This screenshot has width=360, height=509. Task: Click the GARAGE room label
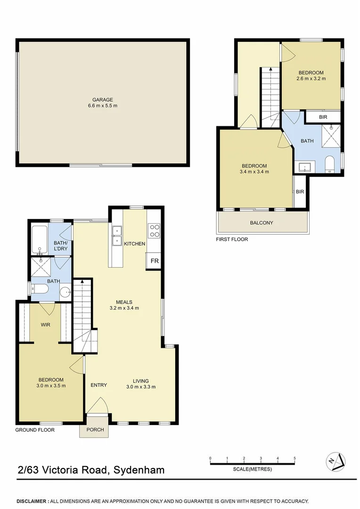pos(102,99)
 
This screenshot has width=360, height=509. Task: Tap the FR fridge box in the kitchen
pos(154,260)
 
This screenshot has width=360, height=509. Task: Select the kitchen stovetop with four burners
pos(154,230)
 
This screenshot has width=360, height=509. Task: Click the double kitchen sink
pos(116,236)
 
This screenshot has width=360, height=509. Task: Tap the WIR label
pos(46,325)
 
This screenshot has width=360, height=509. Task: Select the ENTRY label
pos(99,385)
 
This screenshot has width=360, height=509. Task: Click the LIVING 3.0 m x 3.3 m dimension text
pos(141,387)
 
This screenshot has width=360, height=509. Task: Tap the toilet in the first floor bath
pos(329,164)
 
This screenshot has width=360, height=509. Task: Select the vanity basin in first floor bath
pos(305,167)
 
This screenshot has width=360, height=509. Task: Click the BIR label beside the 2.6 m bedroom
pos(323,117)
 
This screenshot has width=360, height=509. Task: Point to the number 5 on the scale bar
pos(295,458)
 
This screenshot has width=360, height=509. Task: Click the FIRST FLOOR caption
pos(232,239)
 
